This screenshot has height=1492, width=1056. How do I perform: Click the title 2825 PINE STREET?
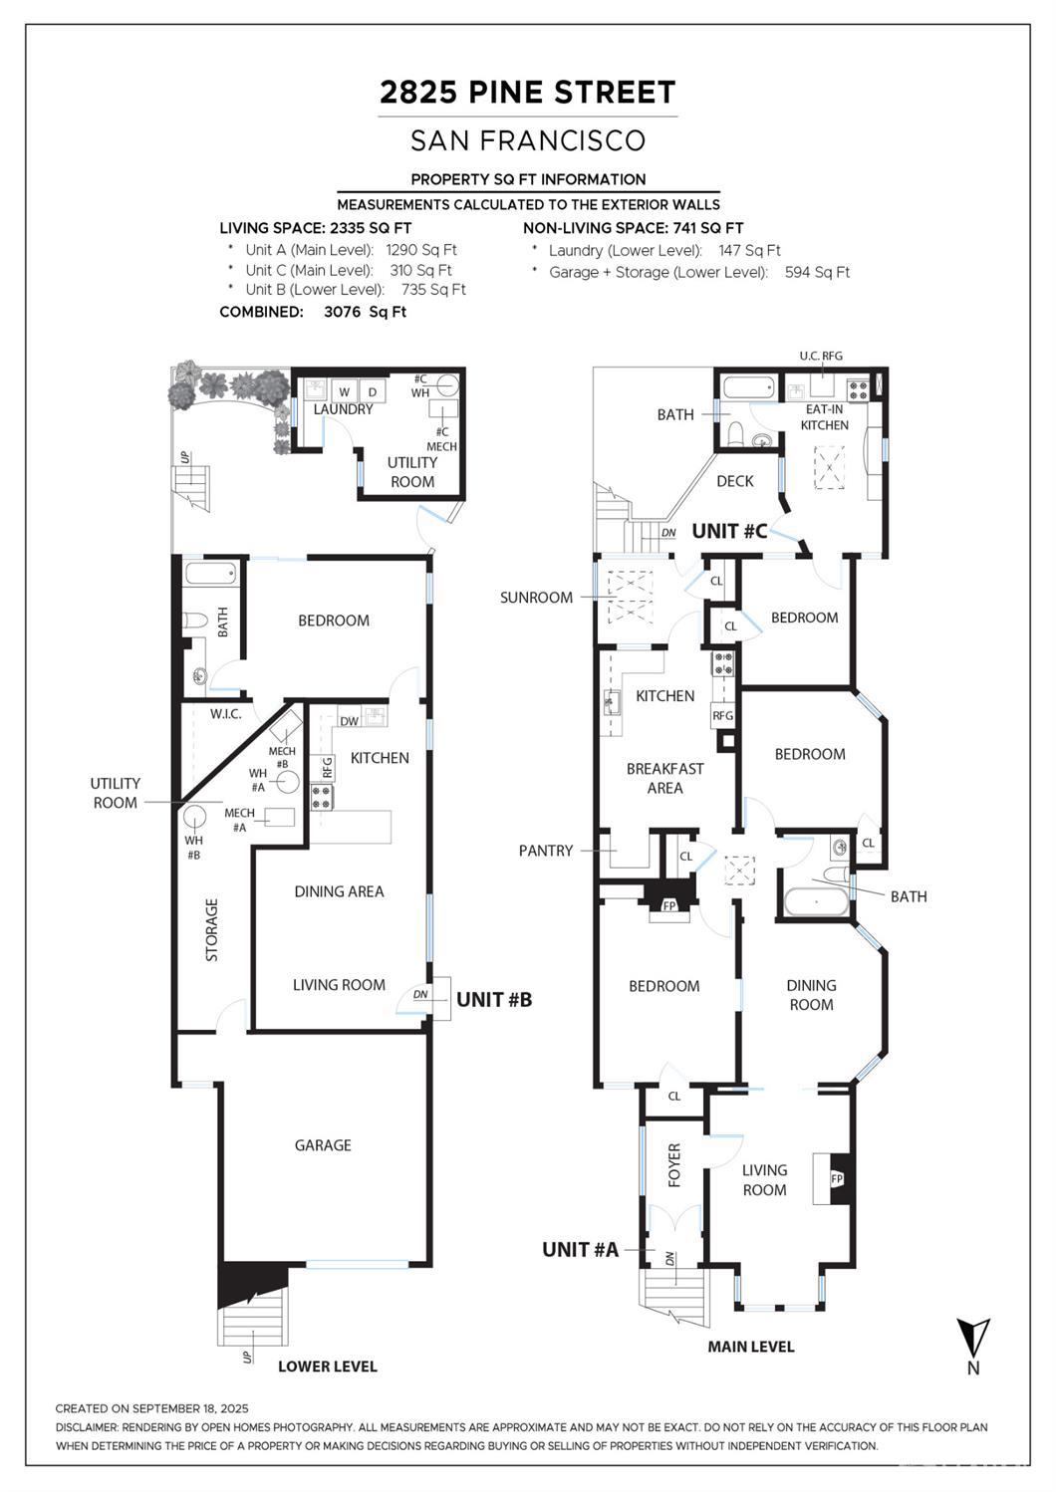[x=527, y=93]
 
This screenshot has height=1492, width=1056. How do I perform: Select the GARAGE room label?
[x=323, y=1145]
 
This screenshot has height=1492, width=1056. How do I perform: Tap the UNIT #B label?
[x=494, y=999]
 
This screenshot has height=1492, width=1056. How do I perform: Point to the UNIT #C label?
[x=729, y=531]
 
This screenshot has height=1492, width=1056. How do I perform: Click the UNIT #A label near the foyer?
[x=580, y=1249]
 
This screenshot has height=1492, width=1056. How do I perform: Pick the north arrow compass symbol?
[x=972, y=1338]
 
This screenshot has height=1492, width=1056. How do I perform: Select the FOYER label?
[x=674, y=1164]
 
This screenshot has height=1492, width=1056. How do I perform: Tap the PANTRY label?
[x=546, y=851]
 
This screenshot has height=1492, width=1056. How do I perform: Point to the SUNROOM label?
[x=536, y=598]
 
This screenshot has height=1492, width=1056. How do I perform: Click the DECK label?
[x=735, y=481]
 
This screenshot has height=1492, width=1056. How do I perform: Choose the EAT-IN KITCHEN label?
[x=824, y=417]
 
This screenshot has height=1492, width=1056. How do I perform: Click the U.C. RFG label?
[x=821, y=356]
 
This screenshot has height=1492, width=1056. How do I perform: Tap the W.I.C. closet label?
[x=226, y=714]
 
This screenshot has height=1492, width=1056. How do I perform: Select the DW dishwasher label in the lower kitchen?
[x=349, y=721]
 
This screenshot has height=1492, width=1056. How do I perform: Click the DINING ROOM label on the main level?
[x=811, y=995]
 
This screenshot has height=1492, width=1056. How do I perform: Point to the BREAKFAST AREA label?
[x=664, y=778]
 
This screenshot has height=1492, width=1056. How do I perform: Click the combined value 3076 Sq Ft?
[x=365, y=312]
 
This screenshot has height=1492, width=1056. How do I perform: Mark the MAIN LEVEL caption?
[x=750, y=1347]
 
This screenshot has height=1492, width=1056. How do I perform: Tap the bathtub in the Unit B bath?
[x=210, y=574]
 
